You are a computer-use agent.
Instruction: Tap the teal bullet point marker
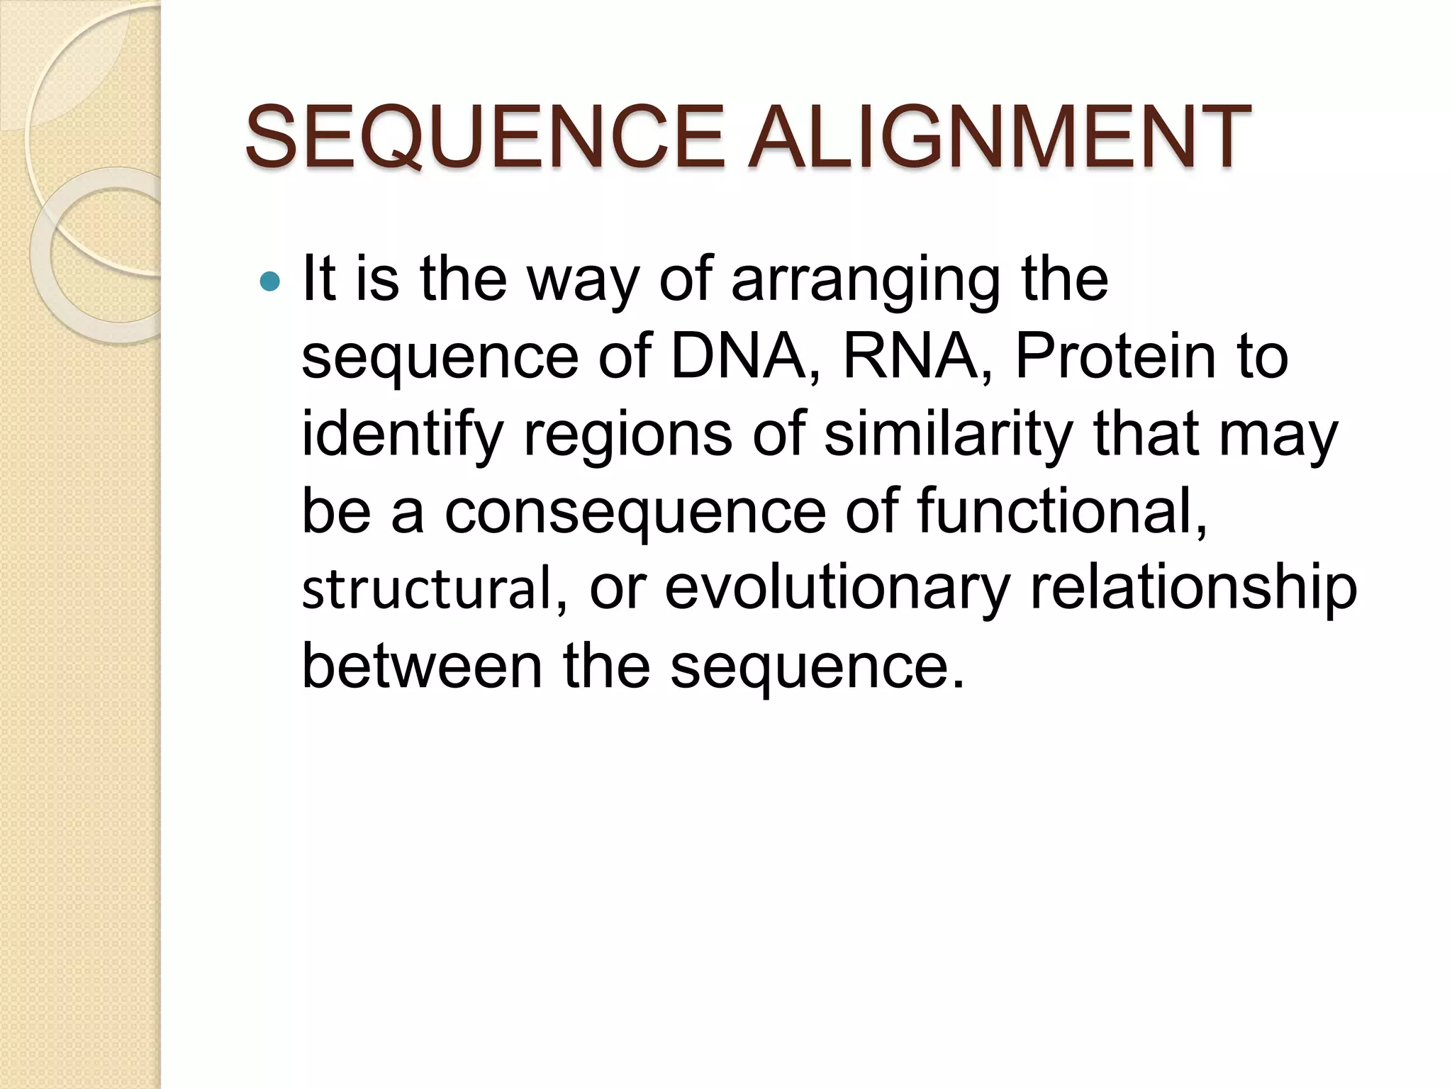pyautogui.click(x=270, y=282)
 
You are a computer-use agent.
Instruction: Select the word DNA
pyautogui.click(x=737, y=356)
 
